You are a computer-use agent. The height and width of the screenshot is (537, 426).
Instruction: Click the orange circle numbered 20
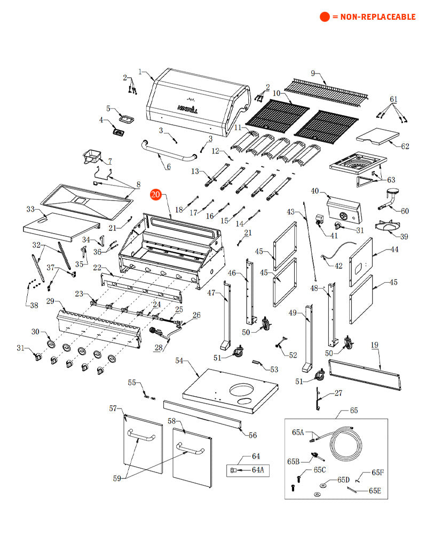(155, 195)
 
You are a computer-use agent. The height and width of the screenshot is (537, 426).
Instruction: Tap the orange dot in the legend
(325, 17)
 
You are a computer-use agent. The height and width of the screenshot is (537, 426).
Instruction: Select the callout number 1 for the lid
(140, 71)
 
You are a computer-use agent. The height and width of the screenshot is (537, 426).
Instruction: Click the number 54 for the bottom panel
(179, 361)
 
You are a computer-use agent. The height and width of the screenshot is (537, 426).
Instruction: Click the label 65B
(293, 461)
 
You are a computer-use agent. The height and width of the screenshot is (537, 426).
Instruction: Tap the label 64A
(258, 470)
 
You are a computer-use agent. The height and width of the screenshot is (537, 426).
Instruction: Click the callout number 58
(171, 421)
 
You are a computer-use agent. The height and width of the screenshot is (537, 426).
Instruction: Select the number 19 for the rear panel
(374, 345)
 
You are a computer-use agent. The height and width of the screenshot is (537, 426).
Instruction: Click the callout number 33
(30, 209)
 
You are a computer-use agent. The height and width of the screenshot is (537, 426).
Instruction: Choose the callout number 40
(314, 191)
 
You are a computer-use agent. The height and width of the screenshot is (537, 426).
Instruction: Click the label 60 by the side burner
(405, 211)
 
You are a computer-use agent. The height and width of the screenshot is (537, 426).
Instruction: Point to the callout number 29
(50, 302)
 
